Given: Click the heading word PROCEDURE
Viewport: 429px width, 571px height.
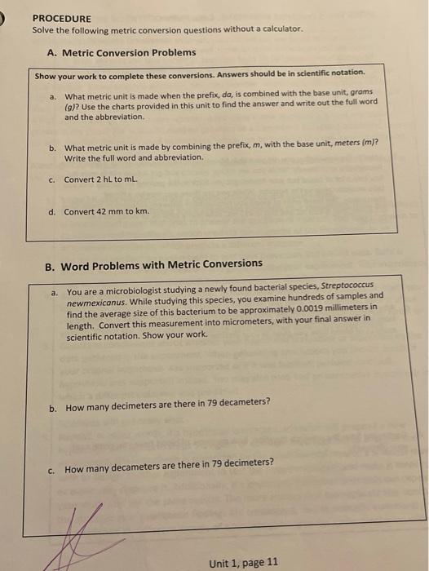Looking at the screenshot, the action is coord(62,18).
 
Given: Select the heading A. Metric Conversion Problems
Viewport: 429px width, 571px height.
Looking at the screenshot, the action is coord(122,52).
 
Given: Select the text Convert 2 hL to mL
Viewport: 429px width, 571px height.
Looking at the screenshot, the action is coord(104,180).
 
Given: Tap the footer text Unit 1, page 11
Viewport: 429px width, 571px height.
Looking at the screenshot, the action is coord(243,562).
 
